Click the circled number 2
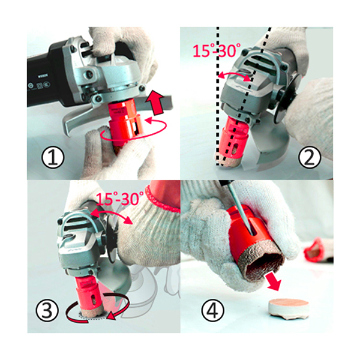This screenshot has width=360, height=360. click(309, 158)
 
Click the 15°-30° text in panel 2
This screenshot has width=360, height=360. click(217, 51)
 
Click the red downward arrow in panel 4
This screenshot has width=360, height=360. click(274, 281)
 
